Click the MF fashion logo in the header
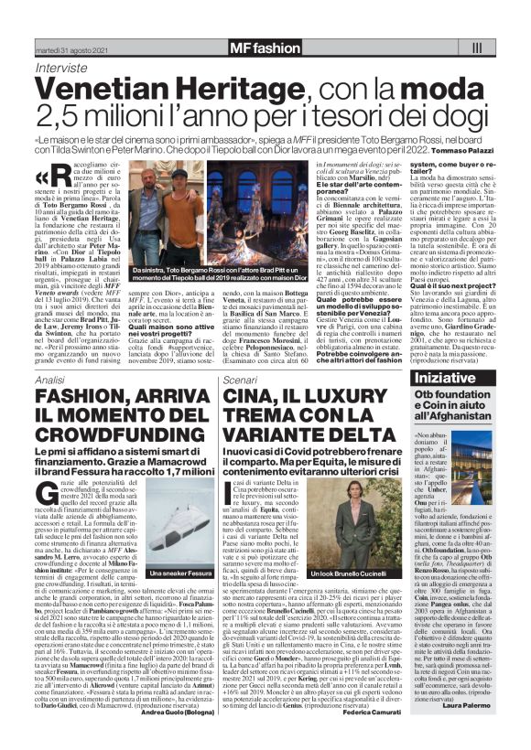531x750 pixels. (265, 46)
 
